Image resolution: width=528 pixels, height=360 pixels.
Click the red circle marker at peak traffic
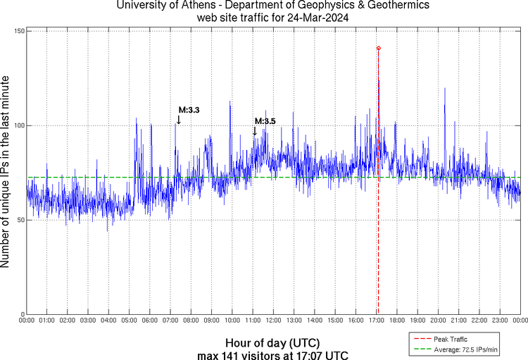pos(379,48)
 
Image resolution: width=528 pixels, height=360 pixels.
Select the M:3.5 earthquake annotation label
pos(265,121)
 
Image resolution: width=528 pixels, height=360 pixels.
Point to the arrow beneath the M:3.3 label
pos(178,120)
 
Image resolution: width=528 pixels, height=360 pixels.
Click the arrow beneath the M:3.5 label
pos(254,131)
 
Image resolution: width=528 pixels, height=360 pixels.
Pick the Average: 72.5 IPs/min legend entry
pos(460,349)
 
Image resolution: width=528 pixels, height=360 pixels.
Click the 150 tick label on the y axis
pos(19,32)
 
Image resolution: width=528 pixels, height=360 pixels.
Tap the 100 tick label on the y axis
pos(19,125)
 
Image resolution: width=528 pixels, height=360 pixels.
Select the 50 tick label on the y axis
pos(20,220)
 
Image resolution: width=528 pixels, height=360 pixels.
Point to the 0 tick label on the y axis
pos(23,314)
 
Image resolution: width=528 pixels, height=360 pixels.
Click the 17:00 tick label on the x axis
pos(376,321)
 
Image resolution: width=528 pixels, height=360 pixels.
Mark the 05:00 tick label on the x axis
pos(130,321)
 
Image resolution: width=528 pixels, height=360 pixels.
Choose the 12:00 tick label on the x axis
pos(273,321)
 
